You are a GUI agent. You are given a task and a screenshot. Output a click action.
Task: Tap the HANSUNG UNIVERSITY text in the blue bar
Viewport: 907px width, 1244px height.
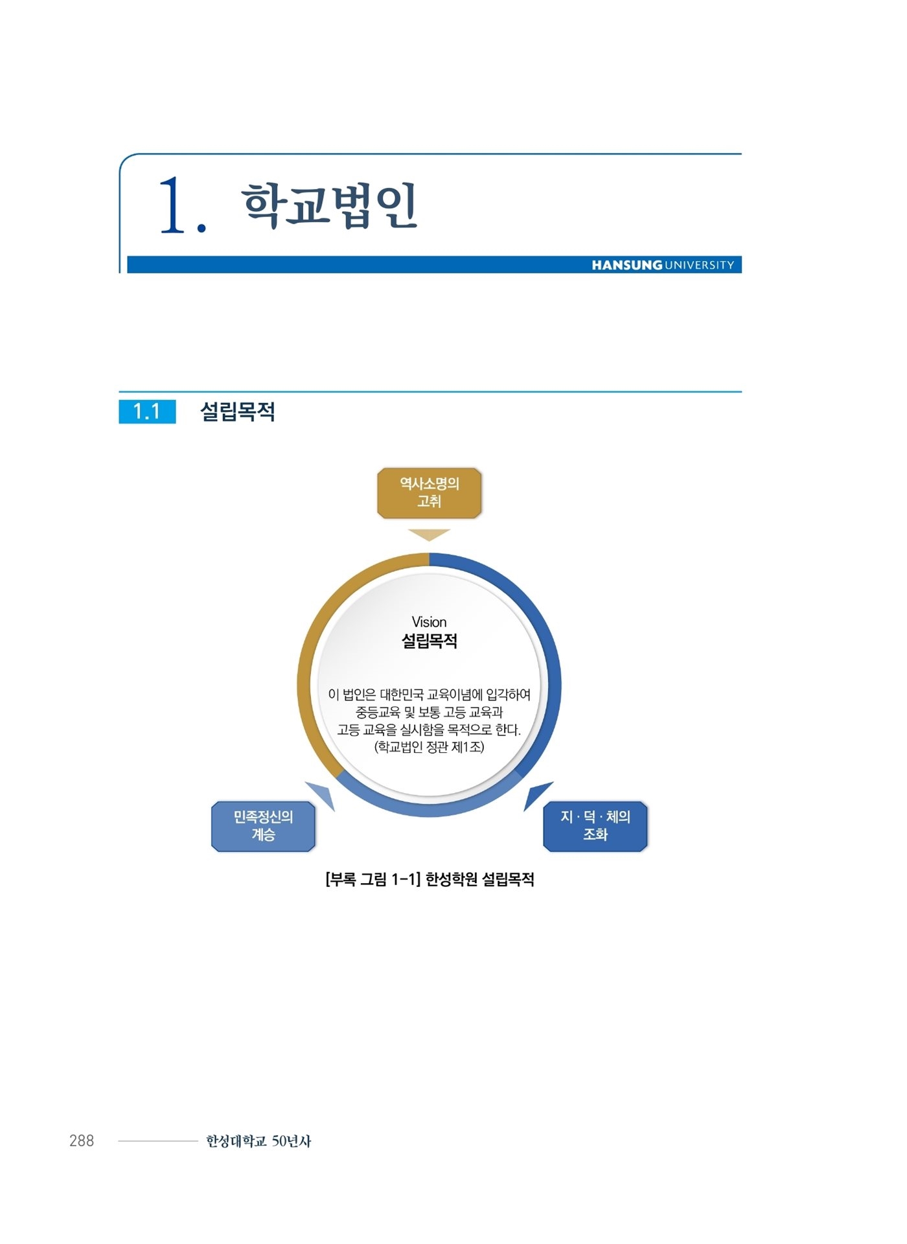[x=663, y=265]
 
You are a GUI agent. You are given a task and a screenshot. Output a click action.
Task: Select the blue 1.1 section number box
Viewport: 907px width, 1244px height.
[x=147, y=411]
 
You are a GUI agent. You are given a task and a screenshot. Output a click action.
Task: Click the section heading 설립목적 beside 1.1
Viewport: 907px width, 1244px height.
[x=238, y=411]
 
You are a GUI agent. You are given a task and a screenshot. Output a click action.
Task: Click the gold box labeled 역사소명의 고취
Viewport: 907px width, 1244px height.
[x=429, y=493]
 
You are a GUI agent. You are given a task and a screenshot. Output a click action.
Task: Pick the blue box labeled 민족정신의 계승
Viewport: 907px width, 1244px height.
[x=263, y=826]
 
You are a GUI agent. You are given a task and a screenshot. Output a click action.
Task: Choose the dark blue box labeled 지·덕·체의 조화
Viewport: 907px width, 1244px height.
[x=595, y=826]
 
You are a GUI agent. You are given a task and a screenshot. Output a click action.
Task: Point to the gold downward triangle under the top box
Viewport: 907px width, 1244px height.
[x=429, y=535]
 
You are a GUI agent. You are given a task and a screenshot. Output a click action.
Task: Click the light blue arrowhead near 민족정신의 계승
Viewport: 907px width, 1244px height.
[x=323, y=794]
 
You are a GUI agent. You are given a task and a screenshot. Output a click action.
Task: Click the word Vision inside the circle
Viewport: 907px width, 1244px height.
[x=429, y=622]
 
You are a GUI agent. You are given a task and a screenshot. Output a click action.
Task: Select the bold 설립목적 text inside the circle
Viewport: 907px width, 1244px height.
[x=429, y=641]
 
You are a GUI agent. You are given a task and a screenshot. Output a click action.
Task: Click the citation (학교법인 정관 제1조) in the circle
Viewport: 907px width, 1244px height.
[x=429, y=747]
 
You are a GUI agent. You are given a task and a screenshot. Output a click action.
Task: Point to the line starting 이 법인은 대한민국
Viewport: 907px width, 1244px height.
[x=429, y=695]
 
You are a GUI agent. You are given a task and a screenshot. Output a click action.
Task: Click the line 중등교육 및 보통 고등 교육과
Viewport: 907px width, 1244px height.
[x=429, y=712]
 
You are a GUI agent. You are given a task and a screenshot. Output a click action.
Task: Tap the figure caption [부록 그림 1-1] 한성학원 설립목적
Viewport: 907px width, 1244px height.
[x=430, y=879]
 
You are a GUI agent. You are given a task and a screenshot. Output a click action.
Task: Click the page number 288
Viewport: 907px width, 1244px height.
[x=82, y=1140]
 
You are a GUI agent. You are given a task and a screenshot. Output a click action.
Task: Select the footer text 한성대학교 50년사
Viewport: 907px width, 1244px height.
[x=258, y=1141]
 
